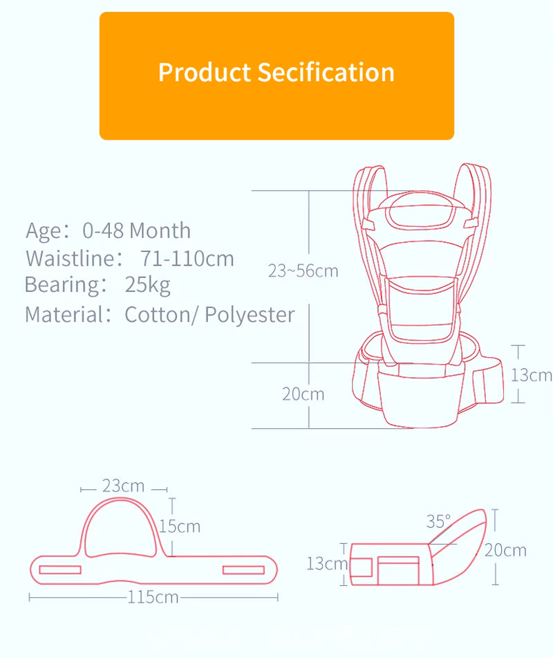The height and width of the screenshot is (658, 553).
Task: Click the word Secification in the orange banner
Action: [x=326, y=72]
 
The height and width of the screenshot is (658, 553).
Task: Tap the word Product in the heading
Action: [x=205, y=72]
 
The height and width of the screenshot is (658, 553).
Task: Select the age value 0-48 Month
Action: [x=136, y=230]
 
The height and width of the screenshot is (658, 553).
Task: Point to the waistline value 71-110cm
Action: [x=187, y=259]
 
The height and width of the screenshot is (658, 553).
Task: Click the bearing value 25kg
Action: [x=147, y=284]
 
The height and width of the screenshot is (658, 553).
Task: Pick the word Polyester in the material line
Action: [x=250, y=314]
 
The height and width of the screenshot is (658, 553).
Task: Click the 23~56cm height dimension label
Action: [x=303, y=271]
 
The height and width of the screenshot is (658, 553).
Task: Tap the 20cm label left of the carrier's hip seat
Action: [x=303, y=394]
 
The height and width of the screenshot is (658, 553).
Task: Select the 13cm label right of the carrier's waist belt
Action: [x=532, y=375]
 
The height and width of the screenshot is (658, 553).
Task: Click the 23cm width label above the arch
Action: [x=123, y=486]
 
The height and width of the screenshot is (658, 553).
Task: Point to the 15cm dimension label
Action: [x=180, y=527]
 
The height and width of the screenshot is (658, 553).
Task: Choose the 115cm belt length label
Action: [x=153, y=597]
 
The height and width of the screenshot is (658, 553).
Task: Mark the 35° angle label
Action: [x=438, y=520]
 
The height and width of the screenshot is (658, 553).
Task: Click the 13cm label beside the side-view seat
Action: [x=326, y=564]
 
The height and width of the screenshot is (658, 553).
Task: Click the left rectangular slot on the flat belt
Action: [x=60, y=569]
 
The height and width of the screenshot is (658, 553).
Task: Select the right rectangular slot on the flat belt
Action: [x=243, y=569]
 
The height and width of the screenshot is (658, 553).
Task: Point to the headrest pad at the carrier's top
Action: [x=418, y=212]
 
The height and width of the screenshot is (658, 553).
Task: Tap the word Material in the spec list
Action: [x=64, y=314]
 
